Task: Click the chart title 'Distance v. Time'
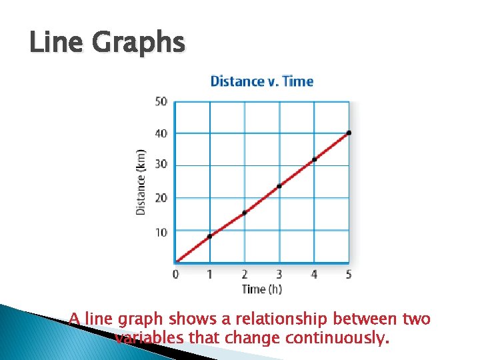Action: (261, 81)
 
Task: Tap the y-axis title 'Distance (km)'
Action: (141, 181)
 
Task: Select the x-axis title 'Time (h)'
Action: (262, 289)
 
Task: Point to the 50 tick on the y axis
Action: (161, 102)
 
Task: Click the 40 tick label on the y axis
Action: (161, 133)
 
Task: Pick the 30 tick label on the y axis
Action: (161, 165)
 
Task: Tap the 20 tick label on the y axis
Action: (161, 198)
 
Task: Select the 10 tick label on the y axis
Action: (161, 231)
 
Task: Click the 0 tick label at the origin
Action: (175, 273)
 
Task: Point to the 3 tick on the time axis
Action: (279, 273)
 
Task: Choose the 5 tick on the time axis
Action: (349, 273)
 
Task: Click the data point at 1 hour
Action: (209, 236)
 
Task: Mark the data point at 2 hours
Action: (245, 213)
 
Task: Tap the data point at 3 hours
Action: (279, 186)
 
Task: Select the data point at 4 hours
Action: (314, 159)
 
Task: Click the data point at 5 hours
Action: (349, 133)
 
